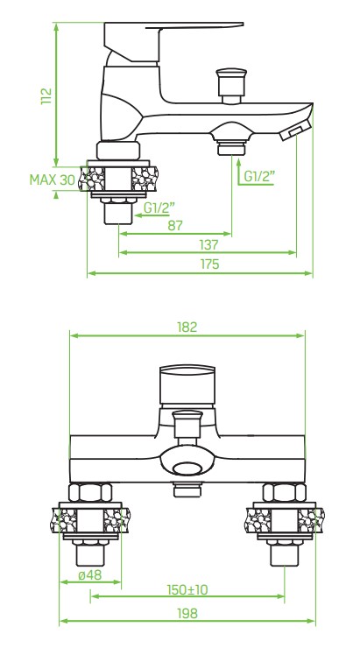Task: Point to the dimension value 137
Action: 208,244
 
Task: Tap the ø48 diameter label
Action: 90,576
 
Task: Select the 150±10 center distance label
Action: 187,591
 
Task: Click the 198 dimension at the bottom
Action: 187,613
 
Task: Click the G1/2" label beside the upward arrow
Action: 260,176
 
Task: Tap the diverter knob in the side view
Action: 230,85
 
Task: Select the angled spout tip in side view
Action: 293,130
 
